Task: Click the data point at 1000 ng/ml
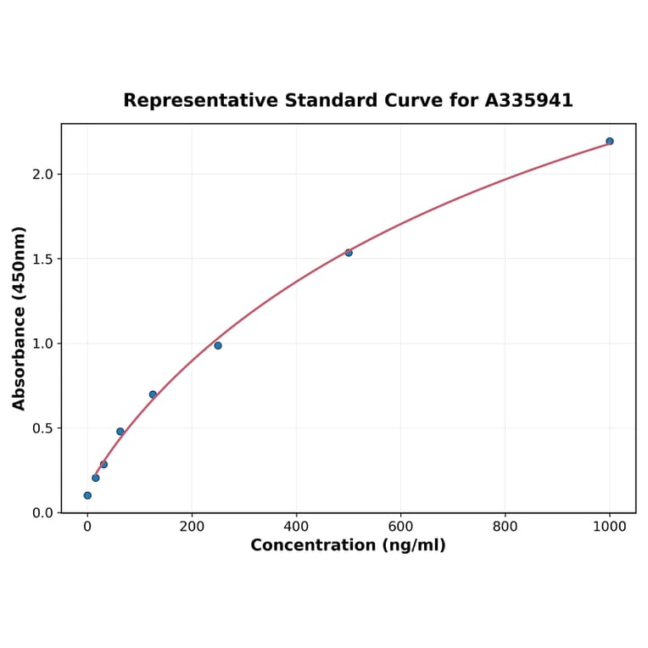(x=609, y=141)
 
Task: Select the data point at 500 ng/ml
(x=349, y=252)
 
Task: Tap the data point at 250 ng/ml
(x=218, y=345)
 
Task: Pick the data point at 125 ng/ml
(x=153, y=394)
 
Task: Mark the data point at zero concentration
(x=87, y=495)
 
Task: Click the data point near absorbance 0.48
(x=120, y=432)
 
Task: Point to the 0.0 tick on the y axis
(x=42, y=513)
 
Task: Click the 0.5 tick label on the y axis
(x=42, y=428)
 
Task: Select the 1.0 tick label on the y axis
(x=42, y=344)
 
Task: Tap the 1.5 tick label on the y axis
(x=42, y=259)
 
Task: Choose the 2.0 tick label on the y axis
(x=42, y=174)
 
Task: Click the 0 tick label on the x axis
(x=87, y=526)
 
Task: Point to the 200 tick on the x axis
(x=192, y=526)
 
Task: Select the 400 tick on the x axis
(x=296, y=526)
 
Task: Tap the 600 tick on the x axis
(x=400, y=526)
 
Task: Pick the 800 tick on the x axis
(x=505, y=526)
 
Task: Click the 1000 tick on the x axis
(x=609, y=526)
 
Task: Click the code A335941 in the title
(x=528, y=101)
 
